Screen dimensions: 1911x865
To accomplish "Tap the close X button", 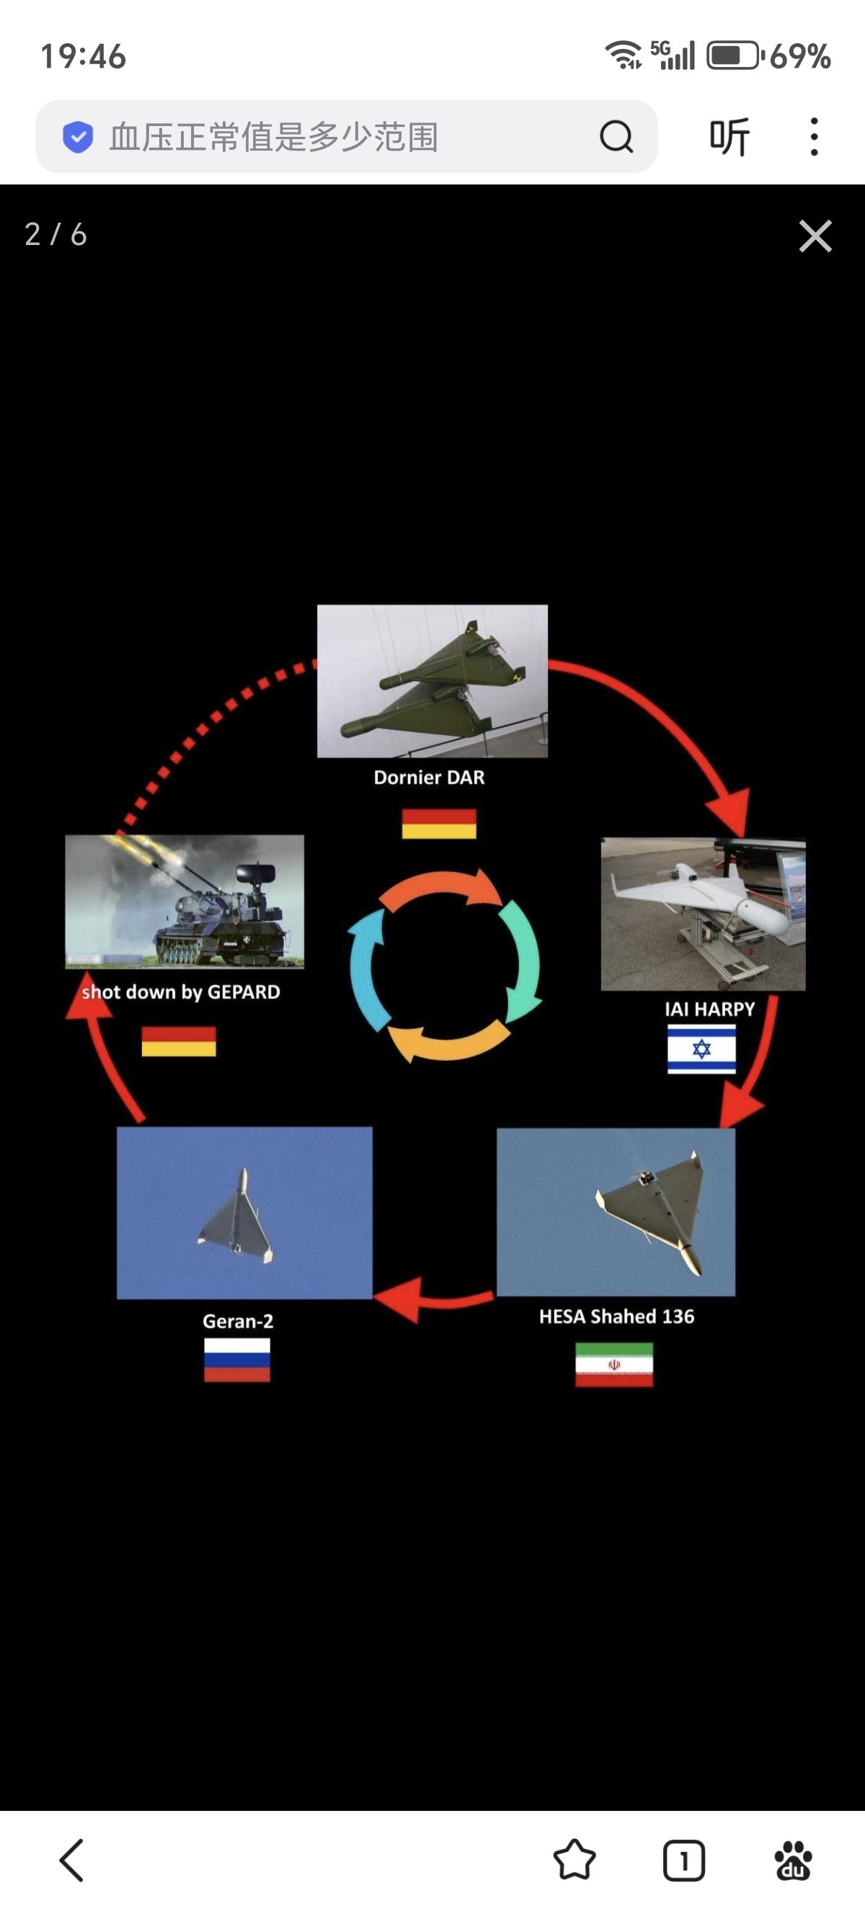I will (815, 236).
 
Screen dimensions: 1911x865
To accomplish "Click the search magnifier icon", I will (616, 136).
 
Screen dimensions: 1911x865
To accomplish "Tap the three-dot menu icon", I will (814, 136).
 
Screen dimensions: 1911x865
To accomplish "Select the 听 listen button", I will (729, 136).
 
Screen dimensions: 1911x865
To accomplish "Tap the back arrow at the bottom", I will (72, 1860).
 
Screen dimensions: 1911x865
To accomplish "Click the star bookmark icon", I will (575, 1860).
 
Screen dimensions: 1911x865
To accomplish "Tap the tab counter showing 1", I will (683, 1860).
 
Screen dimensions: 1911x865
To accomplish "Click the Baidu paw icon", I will (792, 1860).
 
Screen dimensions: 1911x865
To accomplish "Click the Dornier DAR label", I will (429, 778).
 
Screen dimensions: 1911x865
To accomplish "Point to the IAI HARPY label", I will (709, 1009).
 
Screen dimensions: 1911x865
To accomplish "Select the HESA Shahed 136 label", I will (616, 1316).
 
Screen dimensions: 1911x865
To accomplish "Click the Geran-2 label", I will (238, 1321).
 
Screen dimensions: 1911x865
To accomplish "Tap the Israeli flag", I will (701, 1048).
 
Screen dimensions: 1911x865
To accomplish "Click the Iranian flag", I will (614, 1364).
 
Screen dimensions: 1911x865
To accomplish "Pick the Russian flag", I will (237, 1360).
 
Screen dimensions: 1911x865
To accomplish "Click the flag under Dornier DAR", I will (438, 824).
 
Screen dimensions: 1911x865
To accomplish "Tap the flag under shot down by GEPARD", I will (179, 1041).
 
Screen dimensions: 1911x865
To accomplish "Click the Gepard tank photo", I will (185, 901).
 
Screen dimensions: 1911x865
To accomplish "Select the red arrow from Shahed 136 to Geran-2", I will (432, 1299).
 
